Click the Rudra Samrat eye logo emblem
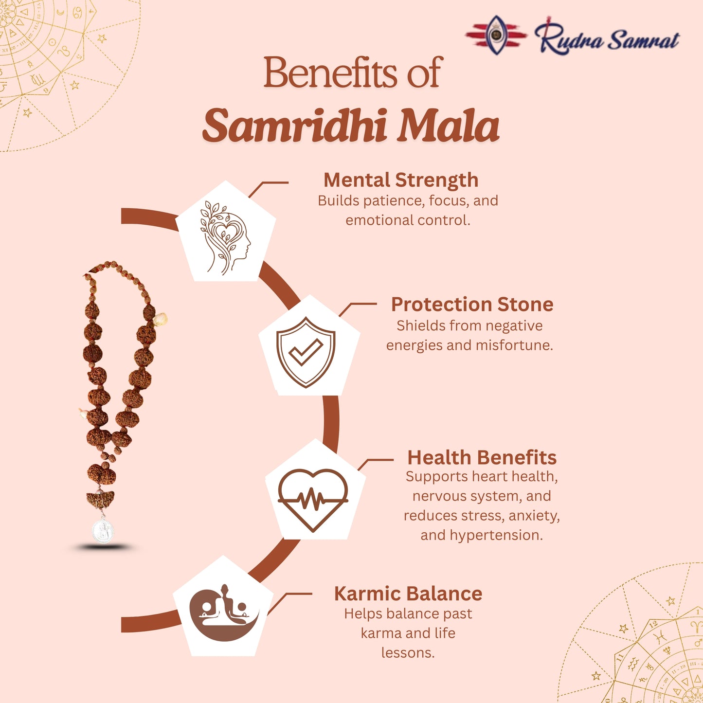(496, 35)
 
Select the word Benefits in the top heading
(330, 73)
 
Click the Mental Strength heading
(401, 180)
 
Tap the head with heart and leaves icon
(225, 237)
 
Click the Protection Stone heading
(472, 305)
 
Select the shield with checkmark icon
(306, 352)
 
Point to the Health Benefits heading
(482, 457)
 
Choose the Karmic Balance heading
(408, 594)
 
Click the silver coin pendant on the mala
(103, 530)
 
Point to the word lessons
(408, 653)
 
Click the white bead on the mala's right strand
(161, 320)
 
